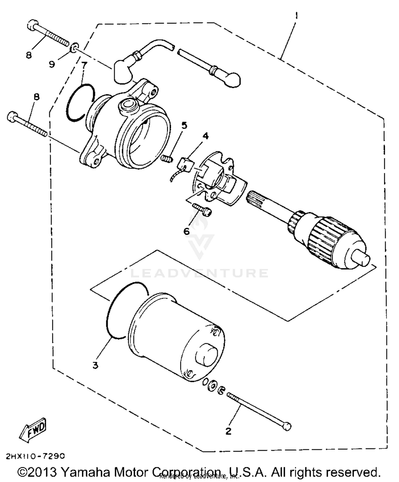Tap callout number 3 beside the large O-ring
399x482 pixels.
click(x=95, y=365)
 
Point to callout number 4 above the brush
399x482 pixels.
click(x=205, y=136)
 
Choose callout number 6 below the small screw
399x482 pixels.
click(x=187, y=231)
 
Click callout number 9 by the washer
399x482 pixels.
click(x=52, y=64)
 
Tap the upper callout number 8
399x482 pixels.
click(x=29, y=55)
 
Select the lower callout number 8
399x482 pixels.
click(x=36, y=97)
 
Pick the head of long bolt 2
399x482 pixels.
click(x=287, y=426)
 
